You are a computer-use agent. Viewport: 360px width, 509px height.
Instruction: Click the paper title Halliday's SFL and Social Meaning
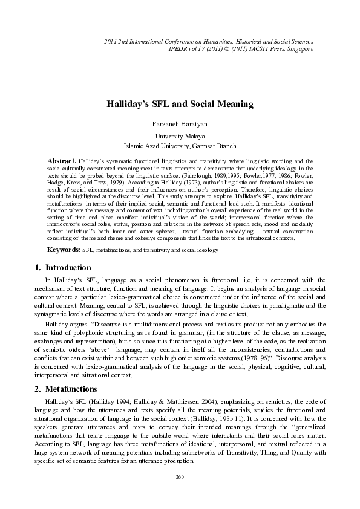(180, 104)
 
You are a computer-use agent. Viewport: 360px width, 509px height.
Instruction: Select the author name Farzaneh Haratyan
(180, 123)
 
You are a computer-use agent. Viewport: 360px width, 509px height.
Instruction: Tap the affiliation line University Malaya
(180, 137)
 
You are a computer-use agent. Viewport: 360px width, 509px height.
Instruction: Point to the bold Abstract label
(62, 161)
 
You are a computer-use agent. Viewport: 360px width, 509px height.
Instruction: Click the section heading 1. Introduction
(61, 267)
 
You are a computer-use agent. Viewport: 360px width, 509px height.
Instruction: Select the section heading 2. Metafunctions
(64, 372)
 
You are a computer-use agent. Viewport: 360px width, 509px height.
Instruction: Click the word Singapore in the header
(299, 48)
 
